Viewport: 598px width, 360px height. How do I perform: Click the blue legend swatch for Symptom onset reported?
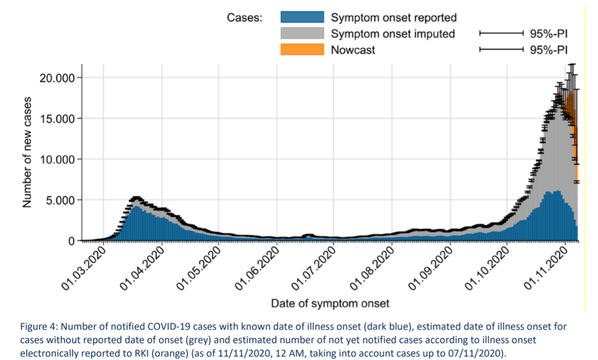point(302,17)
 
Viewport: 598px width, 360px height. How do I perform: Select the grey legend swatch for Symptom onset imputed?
point(302,33)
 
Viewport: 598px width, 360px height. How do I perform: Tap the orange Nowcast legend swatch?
point(302,49)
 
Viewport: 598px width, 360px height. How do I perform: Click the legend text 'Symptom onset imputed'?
point(392,34)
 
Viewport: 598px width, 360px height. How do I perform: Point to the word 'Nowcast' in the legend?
point(353,49)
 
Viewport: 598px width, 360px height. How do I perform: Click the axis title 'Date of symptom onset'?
point(330,304)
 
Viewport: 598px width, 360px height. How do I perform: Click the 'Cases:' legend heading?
point(245,18)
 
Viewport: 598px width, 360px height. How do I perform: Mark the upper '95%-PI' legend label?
point(549,34)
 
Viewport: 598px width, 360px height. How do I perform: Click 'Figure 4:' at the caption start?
point(37,327)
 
